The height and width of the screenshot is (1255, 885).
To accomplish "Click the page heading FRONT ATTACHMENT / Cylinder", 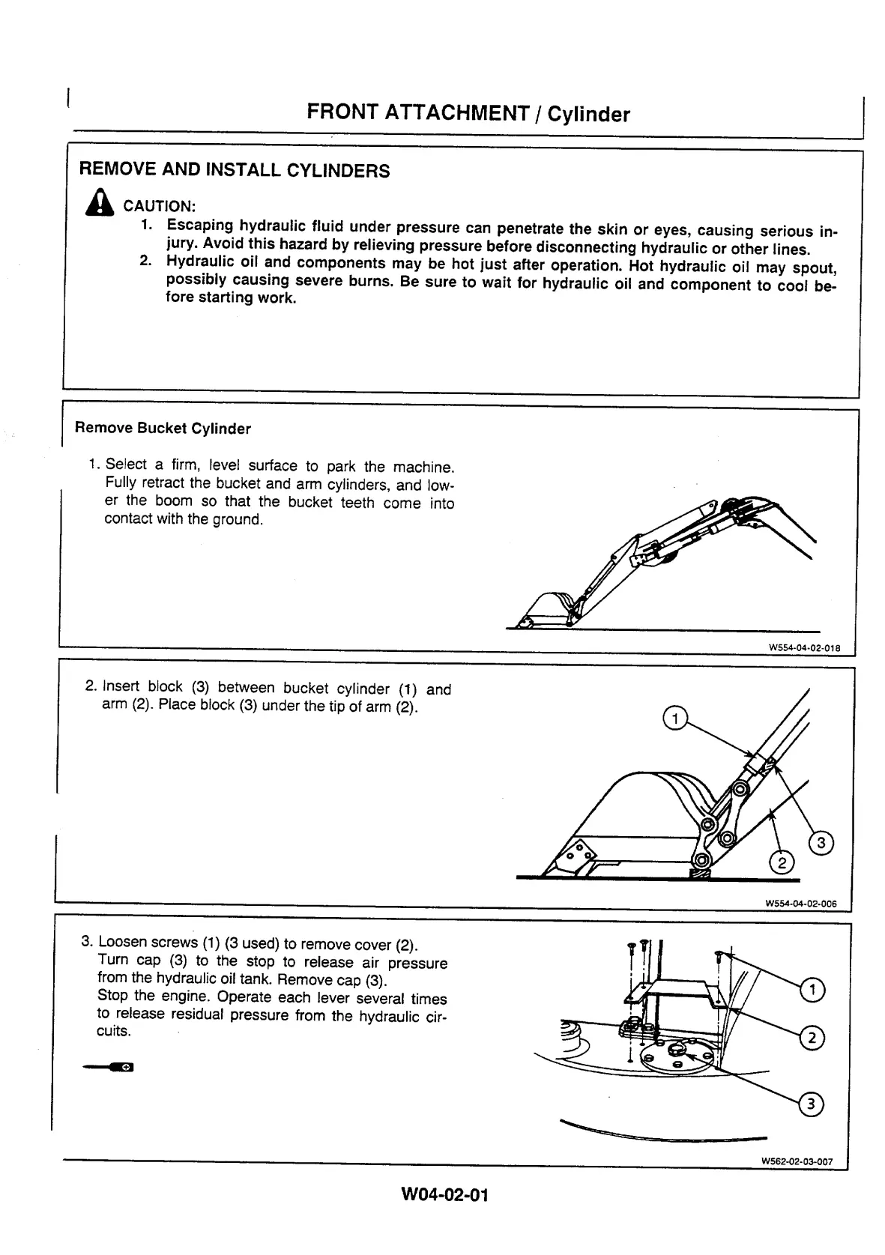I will pos(468,113).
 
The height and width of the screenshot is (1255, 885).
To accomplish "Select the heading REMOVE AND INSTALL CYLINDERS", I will pos(234,170).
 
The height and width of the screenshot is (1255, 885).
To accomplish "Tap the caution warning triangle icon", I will pos(100,203).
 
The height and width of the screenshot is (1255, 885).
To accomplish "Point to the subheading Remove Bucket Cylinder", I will pos(163,429).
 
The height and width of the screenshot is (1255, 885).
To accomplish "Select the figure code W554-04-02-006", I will pos(800,904).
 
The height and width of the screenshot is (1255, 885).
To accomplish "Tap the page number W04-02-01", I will pos(445,1194).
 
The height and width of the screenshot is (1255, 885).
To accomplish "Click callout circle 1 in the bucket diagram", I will pos(675,719).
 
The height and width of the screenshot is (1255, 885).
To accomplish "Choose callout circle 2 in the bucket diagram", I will pos(782,864).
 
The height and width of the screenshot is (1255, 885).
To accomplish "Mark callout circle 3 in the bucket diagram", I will pos(821,843).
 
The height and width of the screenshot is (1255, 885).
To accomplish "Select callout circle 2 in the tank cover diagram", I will pos(813,1038).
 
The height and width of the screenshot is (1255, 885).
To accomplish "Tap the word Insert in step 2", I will pos(121,686).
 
